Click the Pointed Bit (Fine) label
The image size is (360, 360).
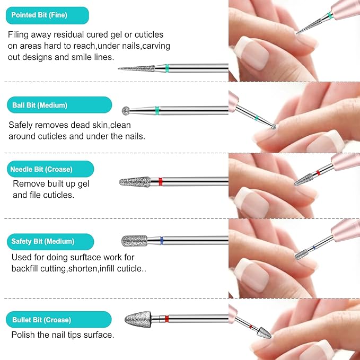point(47,15)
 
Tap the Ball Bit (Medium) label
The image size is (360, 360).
point(59,105)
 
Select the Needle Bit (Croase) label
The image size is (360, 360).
point(50,169)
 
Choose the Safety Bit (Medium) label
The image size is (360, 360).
point(50,242)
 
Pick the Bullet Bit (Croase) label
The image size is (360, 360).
point(58,319)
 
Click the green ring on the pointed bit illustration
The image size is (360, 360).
point(167,68)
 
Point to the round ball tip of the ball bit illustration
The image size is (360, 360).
point(126,111)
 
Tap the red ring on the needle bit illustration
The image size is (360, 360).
point(161,182)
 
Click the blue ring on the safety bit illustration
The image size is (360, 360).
point(162,241)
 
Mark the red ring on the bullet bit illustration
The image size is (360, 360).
point(166,319)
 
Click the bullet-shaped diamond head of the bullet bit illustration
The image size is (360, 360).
point(138,319)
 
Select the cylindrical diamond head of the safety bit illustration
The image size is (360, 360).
point(134,241)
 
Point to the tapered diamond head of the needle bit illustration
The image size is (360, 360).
point(135,182)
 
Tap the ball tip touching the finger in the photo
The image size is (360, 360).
point(274,127)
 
